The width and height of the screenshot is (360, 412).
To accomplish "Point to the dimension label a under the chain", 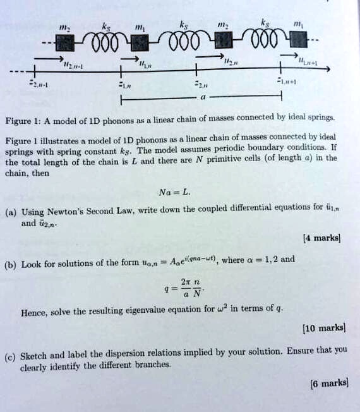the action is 202,98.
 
